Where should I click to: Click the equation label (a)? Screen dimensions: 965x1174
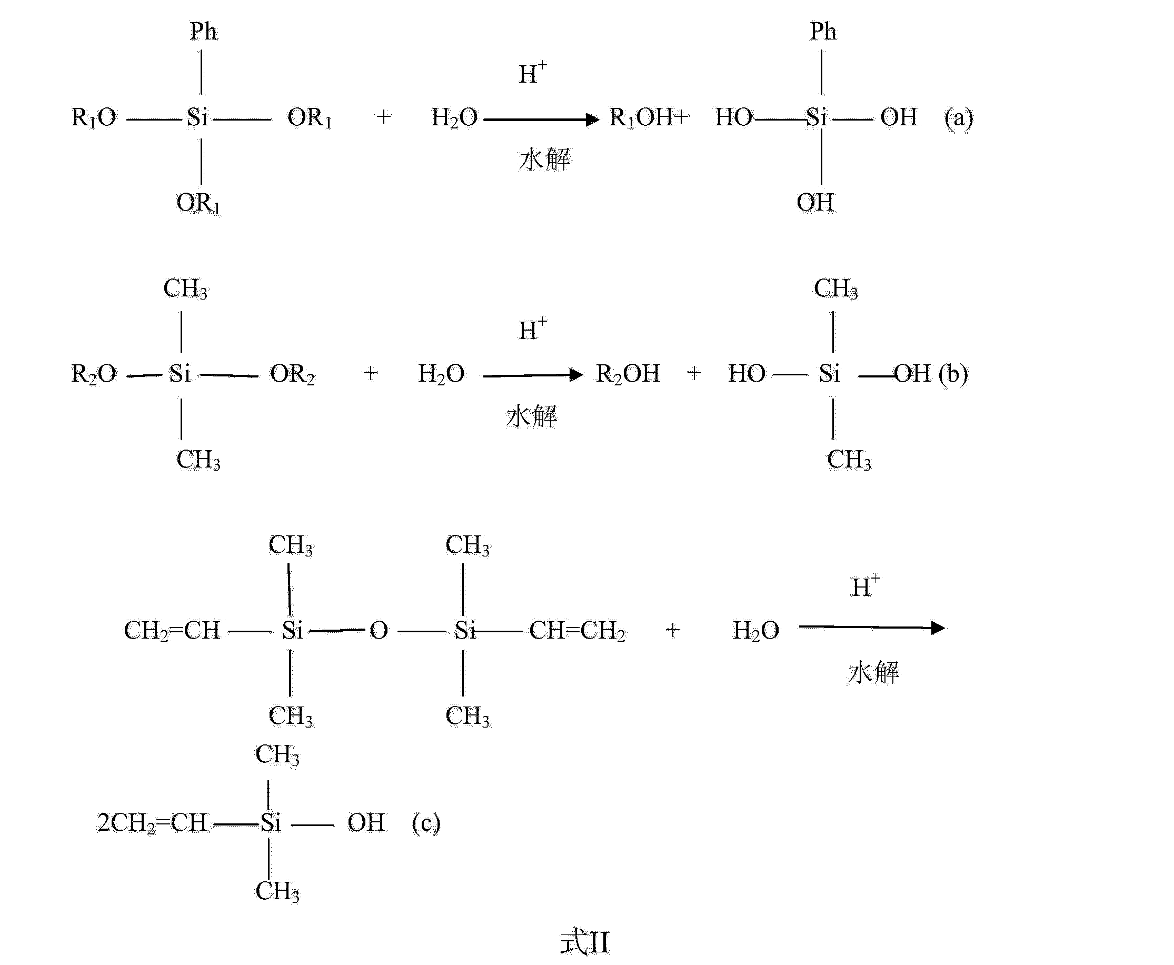(958, 118)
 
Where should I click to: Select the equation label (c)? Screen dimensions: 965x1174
(426, 823)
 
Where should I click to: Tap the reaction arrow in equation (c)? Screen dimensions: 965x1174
(871, 628)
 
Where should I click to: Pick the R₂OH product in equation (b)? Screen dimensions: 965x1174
(628, 374)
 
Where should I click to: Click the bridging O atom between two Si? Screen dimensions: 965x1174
(379, 630)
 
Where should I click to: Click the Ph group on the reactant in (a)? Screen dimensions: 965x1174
(203, 32)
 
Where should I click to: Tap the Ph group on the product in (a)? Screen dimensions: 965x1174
(823, 32)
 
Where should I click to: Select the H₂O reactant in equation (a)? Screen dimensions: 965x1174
(454, 118)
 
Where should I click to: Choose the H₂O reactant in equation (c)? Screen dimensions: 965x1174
(756, 631)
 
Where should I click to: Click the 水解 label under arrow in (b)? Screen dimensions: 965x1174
(531, 416)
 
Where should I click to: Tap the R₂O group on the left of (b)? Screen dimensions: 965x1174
(93, 374)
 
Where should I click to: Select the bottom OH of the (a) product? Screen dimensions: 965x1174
(815, 203)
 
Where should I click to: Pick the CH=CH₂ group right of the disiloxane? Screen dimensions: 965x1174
(577, 631)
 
